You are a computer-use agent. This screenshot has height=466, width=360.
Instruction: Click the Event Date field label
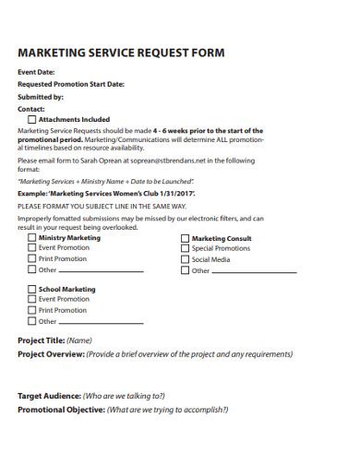37,72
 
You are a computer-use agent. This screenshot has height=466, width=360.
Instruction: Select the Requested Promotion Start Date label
71,84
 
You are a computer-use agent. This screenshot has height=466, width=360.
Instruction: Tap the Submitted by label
41,96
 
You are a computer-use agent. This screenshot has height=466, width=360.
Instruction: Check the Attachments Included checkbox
32,120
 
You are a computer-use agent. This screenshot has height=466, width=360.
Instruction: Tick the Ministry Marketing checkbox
32,238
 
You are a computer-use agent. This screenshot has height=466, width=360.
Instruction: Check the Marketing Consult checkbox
185,238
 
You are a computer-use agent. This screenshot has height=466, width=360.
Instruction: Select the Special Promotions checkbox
185,249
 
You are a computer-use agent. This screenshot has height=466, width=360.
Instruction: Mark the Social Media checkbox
185,260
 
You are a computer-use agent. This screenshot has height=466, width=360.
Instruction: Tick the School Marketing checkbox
32,290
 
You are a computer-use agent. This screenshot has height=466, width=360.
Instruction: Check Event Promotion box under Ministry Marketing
32,248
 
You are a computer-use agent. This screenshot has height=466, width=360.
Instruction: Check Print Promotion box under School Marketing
32,311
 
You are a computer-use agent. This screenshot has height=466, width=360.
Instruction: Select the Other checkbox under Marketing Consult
185,271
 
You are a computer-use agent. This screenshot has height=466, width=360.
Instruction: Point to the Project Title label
41,341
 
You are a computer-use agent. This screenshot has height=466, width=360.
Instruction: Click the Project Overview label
52,353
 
